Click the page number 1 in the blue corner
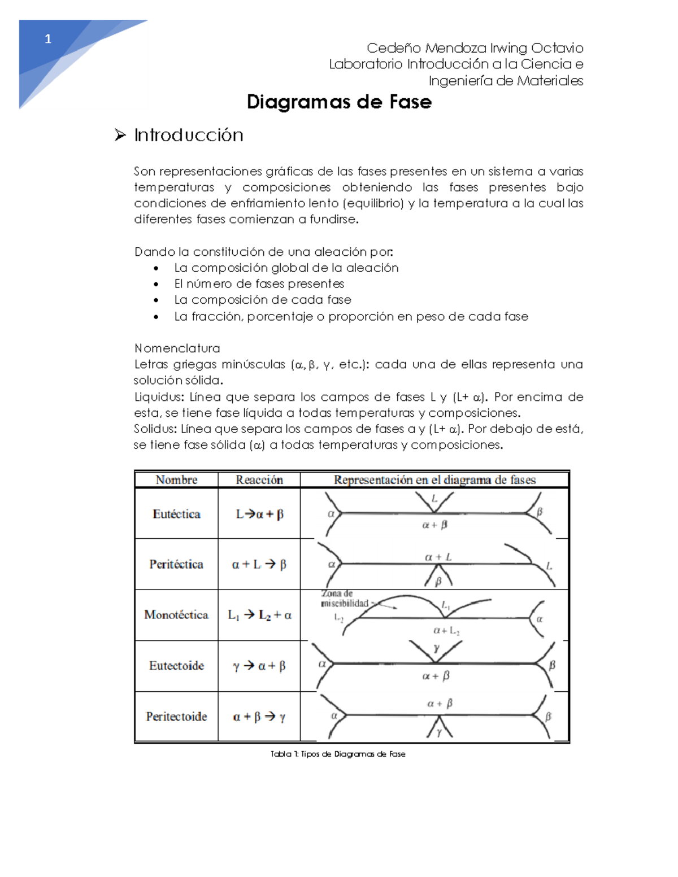point(48,39)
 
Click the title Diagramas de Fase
point(339,102)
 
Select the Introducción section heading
point(189,135)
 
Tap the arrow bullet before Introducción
point(120,135)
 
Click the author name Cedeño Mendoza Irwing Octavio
point(475,48)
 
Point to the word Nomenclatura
point(177,348)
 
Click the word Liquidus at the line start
point(159,397)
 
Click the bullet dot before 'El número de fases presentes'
point(156,284)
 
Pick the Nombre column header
point(176,480)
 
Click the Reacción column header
point(259,480)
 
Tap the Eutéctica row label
point(176,514)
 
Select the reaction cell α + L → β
point(259,564)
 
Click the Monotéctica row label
point(176,614)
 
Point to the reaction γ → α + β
point(259,666)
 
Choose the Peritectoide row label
point(176,717)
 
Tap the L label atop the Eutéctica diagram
point(434,499)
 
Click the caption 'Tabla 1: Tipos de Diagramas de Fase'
point(338,754)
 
